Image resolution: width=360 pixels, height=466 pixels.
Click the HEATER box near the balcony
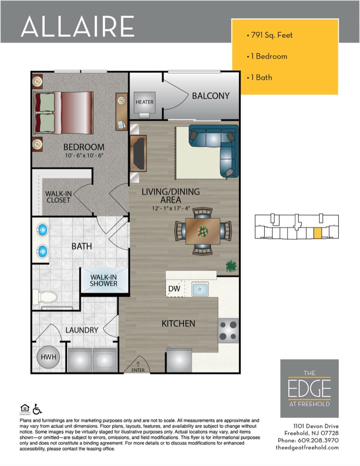pos(144,102)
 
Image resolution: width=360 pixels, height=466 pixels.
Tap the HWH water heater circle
pos(48,357)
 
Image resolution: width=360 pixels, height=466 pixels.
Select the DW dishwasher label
pos(174,289)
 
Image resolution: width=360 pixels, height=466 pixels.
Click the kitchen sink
pos(200,289)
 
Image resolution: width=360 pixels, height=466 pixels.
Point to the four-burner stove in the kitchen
pos(229,330)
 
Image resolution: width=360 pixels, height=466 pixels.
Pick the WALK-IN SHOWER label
pos(103,280)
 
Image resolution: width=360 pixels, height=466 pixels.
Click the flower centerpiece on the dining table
pos(203,231)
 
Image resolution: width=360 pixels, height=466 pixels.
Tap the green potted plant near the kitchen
pos(231,266)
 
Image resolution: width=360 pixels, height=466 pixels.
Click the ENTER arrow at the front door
pos(138,364)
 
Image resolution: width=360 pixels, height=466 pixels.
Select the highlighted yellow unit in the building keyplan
pos(318,233)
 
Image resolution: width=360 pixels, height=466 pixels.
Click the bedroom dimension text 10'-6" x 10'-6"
pos(84,155)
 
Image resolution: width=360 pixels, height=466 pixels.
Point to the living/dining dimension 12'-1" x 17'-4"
pos(171,208)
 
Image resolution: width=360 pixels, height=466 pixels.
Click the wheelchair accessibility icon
pos(37,409)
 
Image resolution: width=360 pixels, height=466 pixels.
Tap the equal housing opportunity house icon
pos(25,408)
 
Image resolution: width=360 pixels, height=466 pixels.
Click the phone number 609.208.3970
pos(318,440)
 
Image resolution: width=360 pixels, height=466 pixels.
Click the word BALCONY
pos(211,96)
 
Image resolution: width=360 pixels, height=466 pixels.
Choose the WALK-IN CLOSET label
pos(58,197)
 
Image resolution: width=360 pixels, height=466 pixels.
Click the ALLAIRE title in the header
pos(78,27)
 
